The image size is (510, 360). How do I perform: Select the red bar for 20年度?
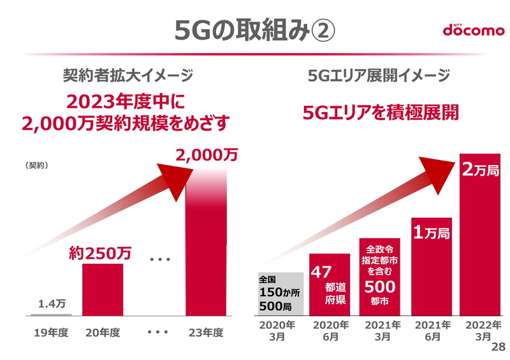pyautogui.click(x=103, y=290)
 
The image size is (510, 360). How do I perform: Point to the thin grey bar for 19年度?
pyautogui.click(x=51, y=315)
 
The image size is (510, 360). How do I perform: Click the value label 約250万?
pyautogui.click(x=99, y=253)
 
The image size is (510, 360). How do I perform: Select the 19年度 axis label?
pyautogui.click(x=51, y=333)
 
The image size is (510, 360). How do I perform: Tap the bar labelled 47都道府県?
pyautogui.click(x=330, y=284)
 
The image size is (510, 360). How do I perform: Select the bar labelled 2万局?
pyautogui.click(x=481, y=242)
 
